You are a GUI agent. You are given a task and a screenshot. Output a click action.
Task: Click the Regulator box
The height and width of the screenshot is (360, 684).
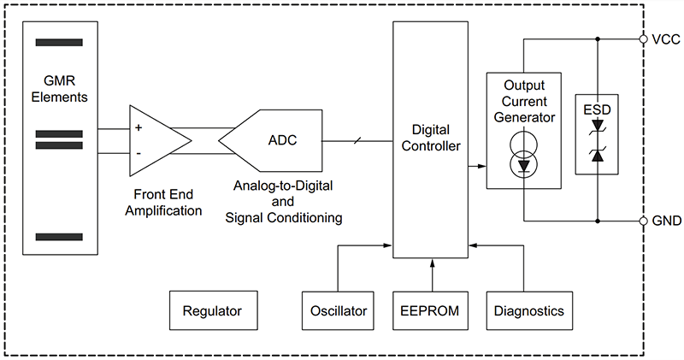pos(212,311)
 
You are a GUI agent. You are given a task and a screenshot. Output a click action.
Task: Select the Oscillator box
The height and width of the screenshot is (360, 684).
pos(338,311)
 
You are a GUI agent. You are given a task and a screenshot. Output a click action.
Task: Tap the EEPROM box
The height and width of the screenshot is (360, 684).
pos(432,311)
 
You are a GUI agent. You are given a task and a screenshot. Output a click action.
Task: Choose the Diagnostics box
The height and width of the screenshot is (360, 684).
pos(528,311)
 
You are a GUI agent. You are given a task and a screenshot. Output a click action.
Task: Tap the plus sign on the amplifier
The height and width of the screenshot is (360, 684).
pos(139,127)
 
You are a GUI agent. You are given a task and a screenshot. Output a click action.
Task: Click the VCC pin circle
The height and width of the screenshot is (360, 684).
pos(643,38)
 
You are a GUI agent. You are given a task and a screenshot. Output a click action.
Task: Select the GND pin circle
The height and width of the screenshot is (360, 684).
pos(643,221)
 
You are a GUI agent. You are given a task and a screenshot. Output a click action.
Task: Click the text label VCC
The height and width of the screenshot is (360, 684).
pos(664,39)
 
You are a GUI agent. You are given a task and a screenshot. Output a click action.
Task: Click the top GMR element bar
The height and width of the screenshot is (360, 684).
pos(59,42)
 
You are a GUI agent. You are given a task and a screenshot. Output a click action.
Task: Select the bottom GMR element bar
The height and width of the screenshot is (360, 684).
pos(59,237)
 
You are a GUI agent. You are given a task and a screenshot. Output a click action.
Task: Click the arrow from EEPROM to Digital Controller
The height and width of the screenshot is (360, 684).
pos(432,274)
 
